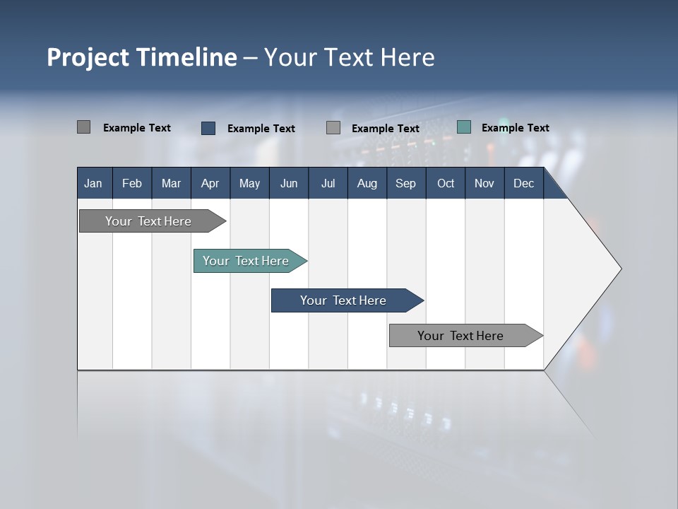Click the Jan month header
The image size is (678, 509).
coord(93,183)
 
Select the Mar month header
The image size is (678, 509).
coord(171,183)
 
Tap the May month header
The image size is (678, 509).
coord(249,183)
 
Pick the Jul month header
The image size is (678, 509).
coord(328,183)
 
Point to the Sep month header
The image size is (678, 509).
coord(405,183)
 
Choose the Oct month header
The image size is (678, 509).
coord(446,183)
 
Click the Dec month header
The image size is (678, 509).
coord(523,183)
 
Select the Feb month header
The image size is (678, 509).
coord(132,183)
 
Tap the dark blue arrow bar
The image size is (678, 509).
coord(344,300)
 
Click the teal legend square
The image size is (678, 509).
coord(464,127)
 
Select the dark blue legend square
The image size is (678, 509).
coord(208,128)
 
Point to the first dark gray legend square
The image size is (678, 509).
coord(83,127)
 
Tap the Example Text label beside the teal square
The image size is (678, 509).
coord(515,128)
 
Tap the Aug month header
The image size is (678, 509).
coord(367,183)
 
